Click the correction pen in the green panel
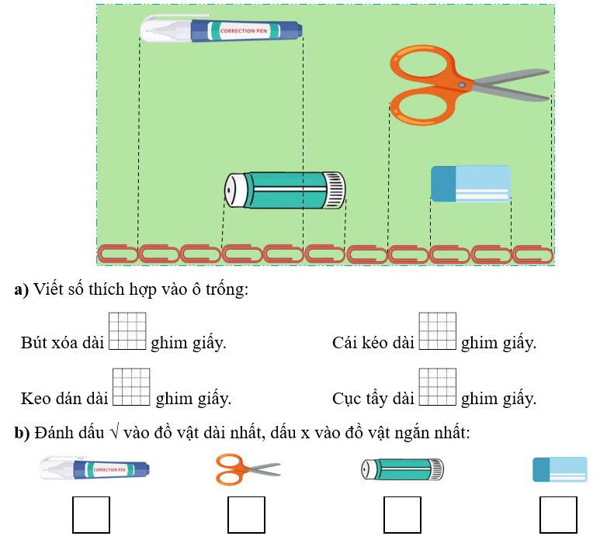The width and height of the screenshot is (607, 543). click(221, 30)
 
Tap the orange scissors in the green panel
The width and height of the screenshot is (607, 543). click(466, 85)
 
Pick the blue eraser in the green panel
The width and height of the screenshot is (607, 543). click(471, 184)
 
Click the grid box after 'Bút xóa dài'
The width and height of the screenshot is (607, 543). click(128, 331)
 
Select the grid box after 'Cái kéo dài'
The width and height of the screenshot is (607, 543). click(438, 331)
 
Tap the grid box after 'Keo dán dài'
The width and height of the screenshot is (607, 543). click(132, 387)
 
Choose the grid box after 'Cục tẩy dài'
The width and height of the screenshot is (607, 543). click(438, 387)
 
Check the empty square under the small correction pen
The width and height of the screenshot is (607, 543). click(91, 515)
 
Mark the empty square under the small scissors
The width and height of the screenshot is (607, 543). click(247, 515)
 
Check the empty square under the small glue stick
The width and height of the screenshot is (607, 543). click(403, 515)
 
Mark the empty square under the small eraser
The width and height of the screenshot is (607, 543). click(559, 515)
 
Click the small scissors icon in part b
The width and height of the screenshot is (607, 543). click(248, 469)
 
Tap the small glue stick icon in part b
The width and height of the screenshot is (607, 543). click(403, 469)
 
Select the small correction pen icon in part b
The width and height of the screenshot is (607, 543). click(94, 469)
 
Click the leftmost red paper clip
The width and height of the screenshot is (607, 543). click(117, 254)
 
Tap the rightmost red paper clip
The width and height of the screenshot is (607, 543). click(533, 254)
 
